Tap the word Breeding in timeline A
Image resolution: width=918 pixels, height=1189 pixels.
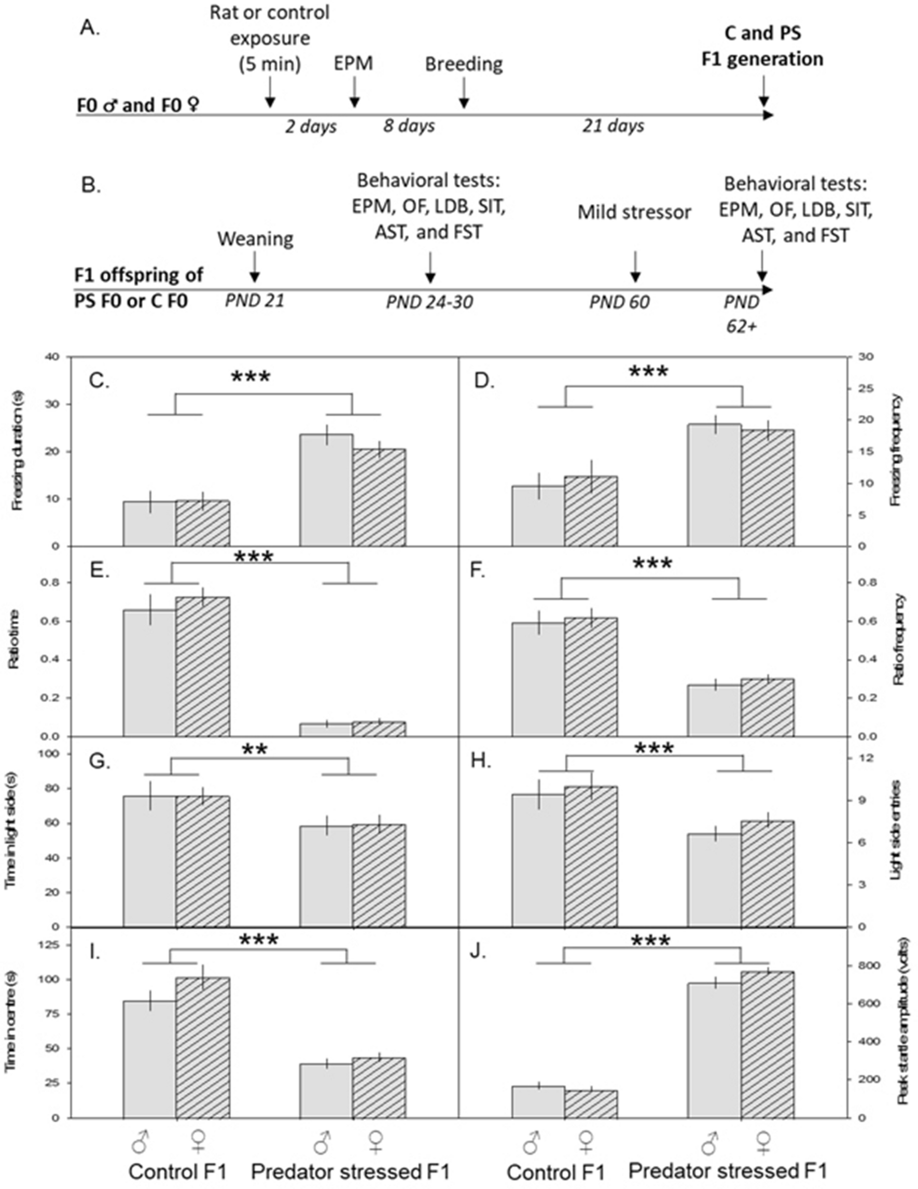[x=464, y=64]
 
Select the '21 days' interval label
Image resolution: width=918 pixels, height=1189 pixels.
[x=613, y=127]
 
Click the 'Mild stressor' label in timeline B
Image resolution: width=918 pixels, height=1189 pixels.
[x=634, y=212]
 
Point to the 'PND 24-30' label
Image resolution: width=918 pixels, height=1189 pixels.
[x=429, y=301]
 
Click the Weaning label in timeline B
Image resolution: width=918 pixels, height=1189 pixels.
[x=255, y=239]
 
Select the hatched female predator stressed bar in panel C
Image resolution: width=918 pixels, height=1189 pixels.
[x=379, y=498]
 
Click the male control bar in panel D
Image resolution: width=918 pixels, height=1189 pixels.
[x=537, y=515]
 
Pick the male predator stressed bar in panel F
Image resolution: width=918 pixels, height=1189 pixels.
[x=714, y=710]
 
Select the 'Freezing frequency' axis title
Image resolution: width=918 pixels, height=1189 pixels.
[x=896, y=451]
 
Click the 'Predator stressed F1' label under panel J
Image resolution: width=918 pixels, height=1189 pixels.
[x=728, y=1169]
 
